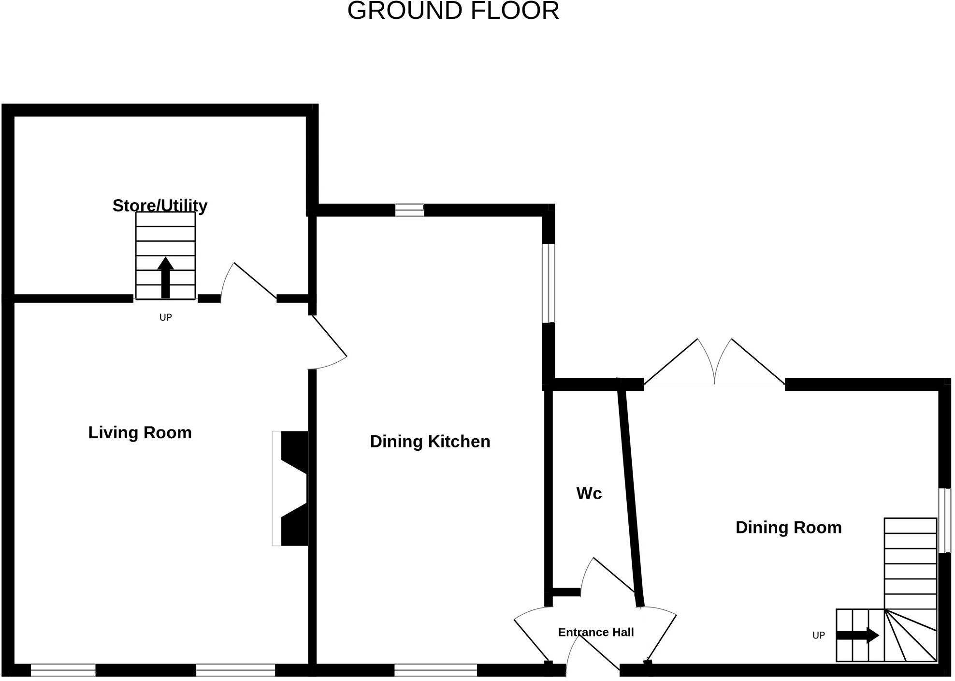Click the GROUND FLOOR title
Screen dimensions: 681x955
tap(453, 11)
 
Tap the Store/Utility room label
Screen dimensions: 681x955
tap(160, 206)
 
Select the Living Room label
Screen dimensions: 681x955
tap(140, 432)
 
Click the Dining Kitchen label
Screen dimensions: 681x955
tap(430, 442)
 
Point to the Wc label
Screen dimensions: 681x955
tap(589, 493)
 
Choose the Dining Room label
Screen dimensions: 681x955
tap(788, 527)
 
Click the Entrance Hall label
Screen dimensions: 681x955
tap(595, 632)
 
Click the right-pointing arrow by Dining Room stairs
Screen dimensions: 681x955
tap(857, 635)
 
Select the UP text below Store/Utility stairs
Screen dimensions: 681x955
tap(165, 317)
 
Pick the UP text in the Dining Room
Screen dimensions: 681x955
tap(818, 636)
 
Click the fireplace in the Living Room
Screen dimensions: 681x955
tap(291, 489)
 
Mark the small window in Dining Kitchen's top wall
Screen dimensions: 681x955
tap(409, 210)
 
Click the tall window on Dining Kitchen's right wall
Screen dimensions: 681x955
tap(548, 283)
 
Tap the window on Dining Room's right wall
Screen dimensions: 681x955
tap(944, 520)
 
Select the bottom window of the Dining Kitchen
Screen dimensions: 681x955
tap(435, 670)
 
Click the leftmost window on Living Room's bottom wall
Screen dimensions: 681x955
tap(63, 670)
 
